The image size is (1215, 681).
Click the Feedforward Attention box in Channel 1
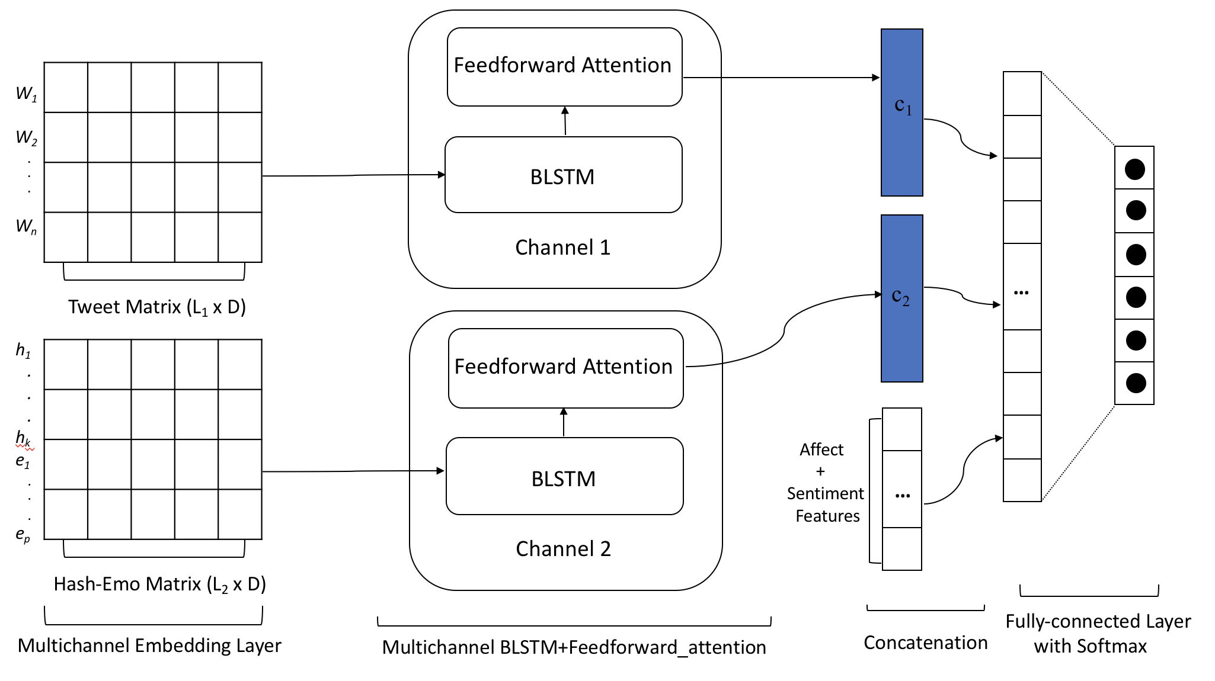[x=564, y=66]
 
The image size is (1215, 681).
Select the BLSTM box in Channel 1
[x=563, y=176]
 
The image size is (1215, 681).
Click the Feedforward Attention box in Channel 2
[x=565, y=368]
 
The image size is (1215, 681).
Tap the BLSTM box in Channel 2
[x=564, y=477]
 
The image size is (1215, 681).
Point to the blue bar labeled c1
[x=901, y=113]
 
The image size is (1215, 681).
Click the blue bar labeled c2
[x=901, y=298]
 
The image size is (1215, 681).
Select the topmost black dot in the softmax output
[x=1134, y=169]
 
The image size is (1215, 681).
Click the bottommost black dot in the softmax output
[x=1135, y=383]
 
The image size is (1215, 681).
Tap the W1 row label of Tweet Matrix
[x=26, y=94]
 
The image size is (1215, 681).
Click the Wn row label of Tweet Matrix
[x=26, y=226]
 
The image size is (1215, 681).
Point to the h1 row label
[x=23, y=351]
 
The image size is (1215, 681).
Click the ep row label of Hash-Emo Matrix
[x=23, y=535]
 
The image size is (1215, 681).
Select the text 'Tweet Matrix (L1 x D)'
[x=156, y=307]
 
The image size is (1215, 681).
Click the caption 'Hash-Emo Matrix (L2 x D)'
[x=159, y=584]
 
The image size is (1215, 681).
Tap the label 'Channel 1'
[x=562, y=248]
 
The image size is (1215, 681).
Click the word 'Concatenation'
[x=925, y=643]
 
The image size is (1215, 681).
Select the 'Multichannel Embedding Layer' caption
[x=149, y=645]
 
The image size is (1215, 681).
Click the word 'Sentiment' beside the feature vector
[x=825, y=493]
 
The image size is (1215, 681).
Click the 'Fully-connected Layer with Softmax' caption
[x=1097, y=633]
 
